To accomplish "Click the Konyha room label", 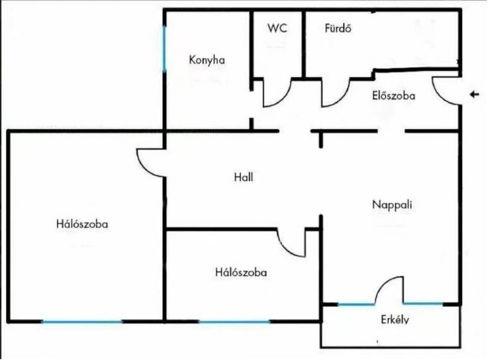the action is coord(207,59).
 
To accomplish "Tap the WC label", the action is coord(277,28).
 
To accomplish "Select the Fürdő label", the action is coord(338,28).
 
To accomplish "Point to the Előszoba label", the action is coord(393,95).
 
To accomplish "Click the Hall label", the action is coord(243,177).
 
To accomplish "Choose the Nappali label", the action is coord(392,204).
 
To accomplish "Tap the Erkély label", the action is coord(395,320).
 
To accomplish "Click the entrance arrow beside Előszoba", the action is coord(474,94).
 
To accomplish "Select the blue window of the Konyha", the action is coord(165,49).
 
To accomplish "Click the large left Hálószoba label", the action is coord(82,224).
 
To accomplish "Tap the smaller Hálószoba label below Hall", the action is coord(241,272).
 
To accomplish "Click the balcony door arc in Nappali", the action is coord(381,284).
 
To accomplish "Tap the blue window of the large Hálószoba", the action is coord(82,321).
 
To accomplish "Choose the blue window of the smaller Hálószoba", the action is coord(234,321).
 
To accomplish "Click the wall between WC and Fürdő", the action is coord(303,43).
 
